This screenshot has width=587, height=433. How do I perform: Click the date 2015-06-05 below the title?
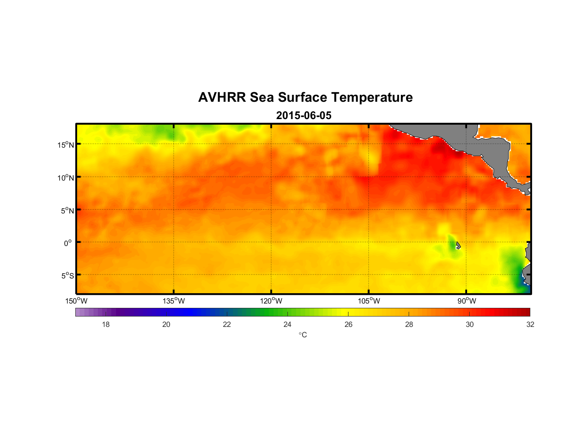pos(304,116)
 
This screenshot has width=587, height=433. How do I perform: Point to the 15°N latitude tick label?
pos(66,145)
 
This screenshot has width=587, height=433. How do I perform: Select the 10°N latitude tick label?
pos(66,178)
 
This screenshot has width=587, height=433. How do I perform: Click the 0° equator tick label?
pos(68,243)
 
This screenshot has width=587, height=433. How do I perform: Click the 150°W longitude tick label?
pos(76,301)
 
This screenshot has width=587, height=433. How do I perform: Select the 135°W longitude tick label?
pos(174,301)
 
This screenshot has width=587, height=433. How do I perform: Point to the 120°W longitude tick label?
pos(271,301)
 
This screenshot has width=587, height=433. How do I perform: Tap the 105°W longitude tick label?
pos(369,301)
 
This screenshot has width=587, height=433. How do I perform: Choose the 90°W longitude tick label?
pos(467,301)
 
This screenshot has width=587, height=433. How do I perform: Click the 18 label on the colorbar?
pos(106,324)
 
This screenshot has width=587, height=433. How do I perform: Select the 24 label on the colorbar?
pos(287,324)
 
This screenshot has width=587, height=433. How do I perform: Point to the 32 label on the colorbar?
pos(530,324)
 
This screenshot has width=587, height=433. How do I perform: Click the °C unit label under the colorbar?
pos(303,335)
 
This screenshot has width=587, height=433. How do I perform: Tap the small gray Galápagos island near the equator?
pos(458,245)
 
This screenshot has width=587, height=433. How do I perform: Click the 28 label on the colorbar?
pos(409,324)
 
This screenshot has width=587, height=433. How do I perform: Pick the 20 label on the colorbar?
pos(166,324)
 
